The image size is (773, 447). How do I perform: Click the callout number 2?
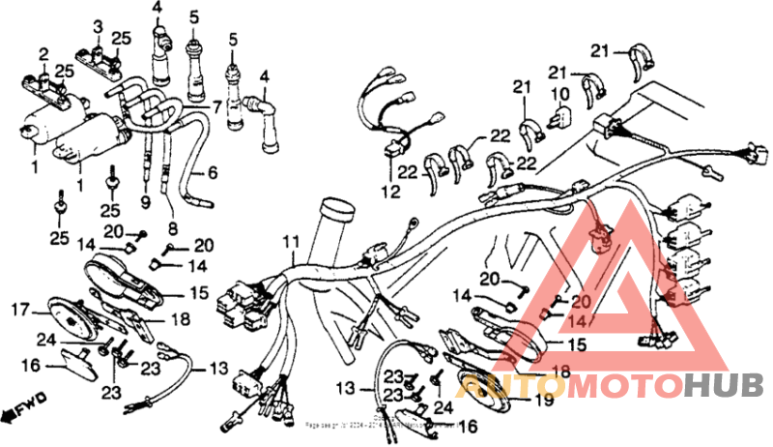43,52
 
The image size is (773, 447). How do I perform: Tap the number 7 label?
218,104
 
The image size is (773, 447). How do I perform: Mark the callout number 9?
146,203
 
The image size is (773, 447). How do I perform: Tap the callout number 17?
18,311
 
